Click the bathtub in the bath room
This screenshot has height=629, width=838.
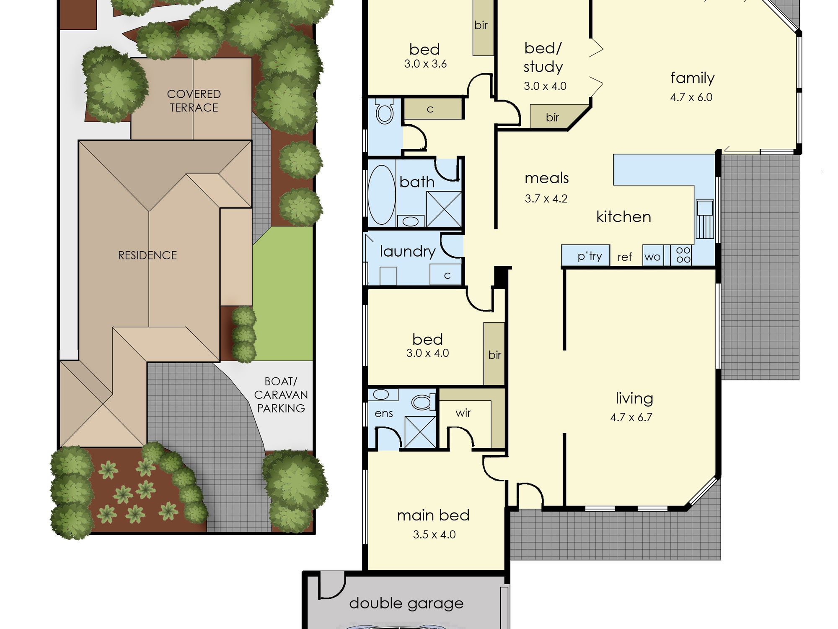pos(381,195)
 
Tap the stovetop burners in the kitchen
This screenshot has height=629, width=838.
pos(683,255)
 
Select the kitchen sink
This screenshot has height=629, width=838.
pos(705,219)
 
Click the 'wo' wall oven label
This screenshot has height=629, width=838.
pos(653,257)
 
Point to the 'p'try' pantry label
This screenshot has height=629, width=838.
pos(590,256)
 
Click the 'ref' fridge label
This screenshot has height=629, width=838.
pos(624,257)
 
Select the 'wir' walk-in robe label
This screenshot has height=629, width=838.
pos(463,413)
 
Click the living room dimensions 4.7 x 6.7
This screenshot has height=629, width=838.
pos(631,417)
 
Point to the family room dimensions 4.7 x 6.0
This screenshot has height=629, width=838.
pos(691,97)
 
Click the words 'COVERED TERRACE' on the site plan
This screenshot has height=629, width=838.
pos(194,101)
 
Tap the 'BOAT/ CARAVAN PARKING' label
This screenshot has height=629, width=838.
pos(281,395)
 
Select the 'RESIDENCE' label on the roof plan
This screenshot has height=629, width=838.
pos(147,255)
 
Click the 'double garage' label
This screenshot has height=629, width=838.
pos(406,603)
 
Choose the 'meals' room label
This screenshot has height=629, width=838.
pos(546,178)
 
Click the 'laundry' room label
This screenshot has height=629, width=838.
pos(408,251)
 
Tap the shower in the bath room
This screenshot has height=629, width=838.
pos(444,209)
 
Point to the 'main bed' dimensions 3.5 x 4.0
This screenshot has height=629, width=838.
pos(434,535)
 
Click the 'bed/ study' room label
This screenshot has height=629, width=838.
pos(543,57)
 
